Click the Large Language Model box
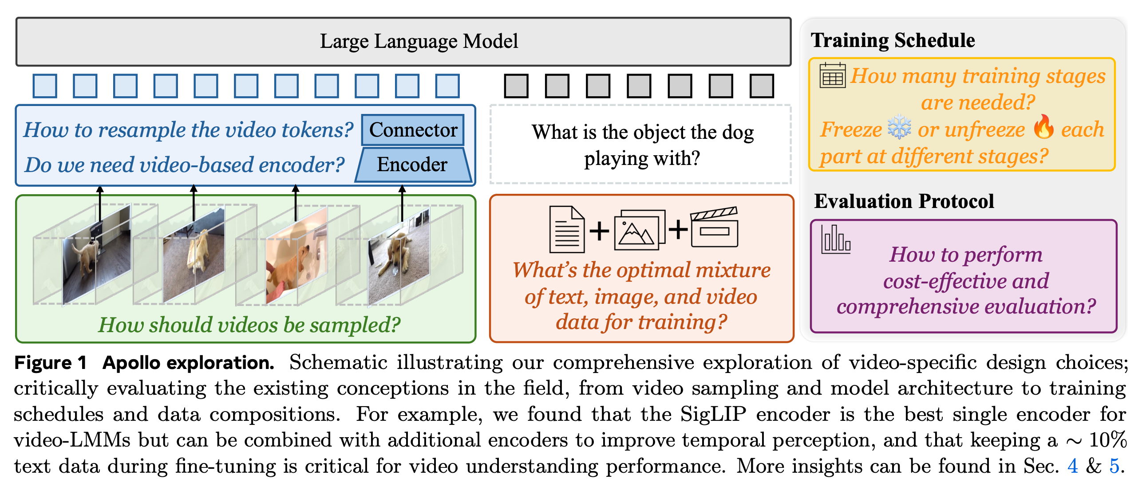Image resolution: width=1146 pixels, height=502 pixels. tap(403, 42)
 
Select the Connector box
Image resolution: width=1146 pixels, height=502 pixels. tap(413, 130)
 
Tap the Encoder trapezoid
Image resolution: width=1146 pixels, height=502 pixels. tap(413, 165)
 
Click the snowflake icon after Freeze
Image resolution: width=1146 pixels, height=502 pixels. tap(899, 128)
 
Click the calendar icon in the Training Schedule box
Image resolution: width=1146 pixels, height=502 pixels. tap(832, 75)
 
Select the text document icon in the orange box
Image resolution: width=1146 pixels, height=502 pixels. tap(567, 229)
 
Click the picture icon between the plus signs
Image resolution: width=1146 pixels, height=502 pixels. tap(639, 230)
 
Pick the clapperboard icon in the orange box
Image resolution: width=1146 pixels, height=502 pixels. tap(715, 227)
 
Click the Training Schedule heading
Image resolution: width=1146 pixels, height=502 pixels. tap(893, 40)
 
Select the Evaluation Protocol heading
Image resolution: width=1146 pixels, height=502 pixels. tap(904, 201)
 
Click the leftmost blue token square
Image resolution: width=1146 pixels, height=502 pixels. tap(45, 86)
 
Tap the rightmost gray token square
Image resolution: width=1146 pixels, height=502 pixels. tap(762, 86)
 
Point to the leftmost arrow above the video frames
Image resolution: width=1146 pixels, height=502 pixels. tap(100, 202)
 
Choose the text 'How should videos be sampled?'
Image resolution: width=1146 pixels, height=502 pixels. tap(249, 325)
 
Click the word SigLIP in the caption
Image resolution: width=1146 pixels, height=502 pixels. tap(713, 414)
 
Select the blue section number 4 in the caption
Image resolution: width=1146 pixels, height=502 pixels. tap(1073, 466)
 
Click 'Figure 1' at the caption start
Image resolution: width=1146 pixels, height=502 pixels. tap(50, 363)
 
